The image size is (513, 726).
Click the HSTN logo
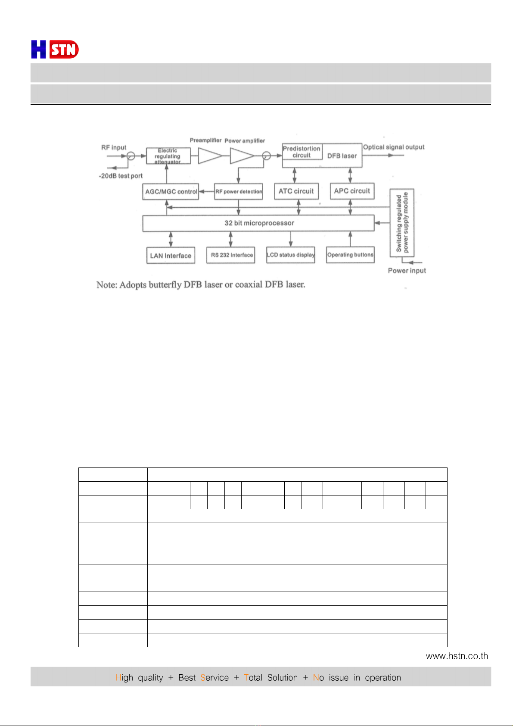click(x=55, y=50)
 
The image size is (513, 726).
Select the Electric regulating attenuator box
click(x=168, y=156)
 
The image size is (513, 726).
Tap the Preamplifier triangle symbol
click(x=209, y=156)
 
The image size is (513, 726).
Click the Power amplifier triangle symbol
click(x=241, y=156)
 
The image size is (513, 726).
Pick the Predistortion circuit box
click(x=302, y=152)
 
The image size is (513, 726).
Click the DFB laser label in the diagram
click(x=342, y=156)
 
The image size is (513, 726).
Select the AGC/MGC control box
click(x=171, y=192)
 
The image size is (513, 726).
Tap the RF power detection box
click(x=239, y=192)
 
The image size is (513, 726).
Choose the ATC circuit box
click(x=296, y=191)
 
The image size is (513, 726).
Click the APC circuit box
click(x=352, y=191)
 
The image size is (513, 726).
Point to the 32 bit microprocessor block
click(x=258, y=223)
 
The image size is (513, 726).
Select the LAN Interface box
click(x=171, y=256)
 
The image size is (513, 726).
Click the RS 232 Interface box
click(x=231, y=255)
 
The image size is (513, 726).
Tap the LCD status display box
click(x=291, y=255)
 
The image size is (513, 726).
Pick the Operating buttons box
click(x=350, y=255)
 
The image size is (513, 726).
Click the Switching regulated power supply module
click(x=402, y=223)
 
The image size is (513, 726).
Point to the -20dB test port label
click(x=121, y=176)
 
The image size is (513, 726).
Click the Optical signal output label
click(x=394, y=147)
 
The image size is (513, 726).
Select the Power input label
click(x=407, y=271)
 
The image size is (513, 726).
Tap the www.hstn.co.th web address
click(x=457, y=656)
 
